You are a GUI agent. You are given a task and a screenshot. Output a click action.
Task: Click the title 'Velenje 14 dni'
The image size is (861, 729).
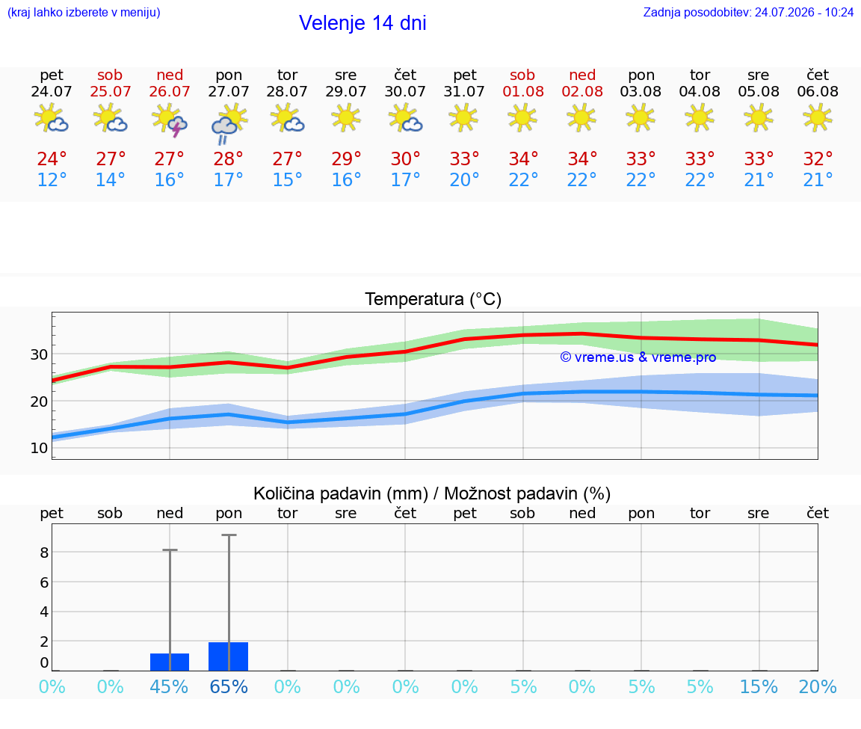(x=362, y=23)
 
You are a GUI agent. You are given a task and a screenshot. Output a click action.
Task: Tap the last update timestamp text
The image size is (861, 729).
(x=748, y=12)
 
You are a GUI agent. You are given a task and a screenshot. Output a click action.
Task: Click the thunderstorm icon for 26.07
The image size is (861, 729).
(x=170, y=120)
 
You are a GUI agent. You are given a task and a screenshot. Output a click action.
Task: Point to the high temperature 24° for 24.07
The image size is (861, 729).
(x=52, y=159)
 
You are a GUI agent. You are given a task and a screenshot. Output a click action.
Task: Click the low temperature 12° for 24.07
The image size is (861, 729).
(x=52, y=179)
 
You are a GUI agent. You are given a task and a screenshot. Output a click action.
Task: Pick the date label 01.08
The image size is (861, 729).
(x=523, y=91)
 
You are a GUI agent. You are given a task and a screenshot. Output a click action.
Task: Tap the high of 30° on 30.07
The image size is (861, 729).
(x=405, y=159)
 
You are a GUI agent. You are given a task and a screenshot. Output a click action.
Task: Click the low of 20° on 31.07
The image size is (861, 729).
(x=465, y=179)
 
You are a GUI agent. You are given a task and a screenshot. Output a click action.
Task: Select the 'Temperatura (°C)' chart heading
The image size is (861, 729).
(x=433, y=299)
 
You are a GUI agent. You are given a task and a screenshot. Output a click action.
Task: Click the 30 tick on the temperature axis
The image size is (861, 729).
(x=39, y=354)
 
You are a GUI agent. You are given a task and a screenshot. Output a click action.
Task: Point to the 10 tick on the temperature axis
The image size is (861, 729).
(x=39, y=448)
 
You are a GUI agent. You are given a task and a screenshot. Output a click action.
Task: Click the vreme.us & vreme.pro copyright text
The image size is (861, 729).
(x=638, y=357)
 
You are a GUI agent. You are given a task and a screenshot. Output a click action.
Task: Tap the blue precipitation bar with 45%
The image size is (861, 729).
(x=170, y=662)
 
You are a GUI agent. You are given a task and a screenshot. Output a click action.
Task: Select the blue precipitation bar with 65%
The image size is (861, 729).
(x=229, y=656)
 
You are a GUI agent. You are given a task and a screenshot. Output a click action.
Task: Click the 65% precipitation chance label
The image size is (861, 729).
(x=229, y=686)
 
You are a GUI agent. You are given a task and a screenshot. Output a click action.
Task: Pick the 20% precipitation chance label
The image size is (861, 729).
(x=818, y=686)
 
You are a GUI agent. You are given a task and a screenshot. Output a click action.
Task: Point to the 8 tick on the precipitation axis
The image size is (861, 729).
(x=44, y=553)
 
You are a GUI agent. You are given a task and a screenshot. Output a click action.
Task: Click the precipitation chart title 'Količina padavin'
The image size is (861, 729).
(x=318, y=493)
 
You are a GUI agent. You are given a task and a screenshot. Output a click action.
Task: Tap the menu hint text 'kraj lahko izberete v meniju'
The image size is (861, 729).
(x=84, y=12)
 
